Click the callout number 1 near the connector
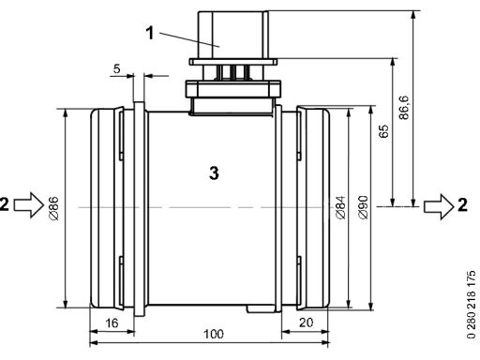click(x=150, y=33)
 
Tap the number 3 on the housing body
click(x=214, y=172)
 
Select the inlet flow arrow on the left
click(x=29, y=204)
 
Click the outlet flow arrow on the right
click(x=439, y=206)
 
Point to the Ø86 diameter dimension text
click(x=53, y=208)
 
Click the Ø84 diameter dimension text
click(x=340, y=207)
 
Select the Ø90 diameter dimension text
click(x=363, y=207)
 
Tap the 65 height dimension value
click(x=383, y=130)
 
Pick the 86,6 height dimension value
click(x=404, y=107)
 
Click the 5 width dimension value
click(x=116, y=68)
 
